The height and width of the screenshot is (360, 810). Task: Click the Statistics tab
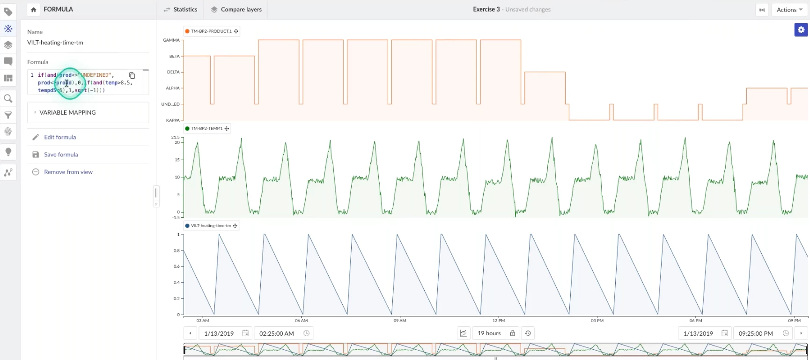181,9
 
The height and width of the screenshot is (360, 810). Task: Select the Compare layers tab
236,9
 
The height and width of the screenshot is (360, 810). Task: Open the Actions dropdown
789,10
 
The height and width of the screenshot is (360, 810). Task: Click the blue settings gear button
801,30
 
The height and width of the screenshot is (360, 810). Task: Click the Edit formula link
59,137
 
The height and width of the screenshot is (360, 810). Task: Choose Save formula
60,154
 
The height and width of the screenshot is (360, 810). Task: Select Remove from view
68,172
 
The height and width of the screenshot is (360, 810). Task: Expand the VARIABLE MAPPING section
67,112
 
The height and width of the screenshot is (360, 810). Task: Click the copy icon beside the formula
132,75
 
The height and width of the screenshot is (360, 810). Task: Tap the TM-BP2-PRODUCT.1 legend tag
211,31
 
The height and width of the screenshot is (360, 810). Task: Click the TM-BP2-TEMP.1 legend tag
206,128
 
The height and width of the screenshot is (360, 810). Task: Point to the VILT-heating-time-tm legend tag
211,226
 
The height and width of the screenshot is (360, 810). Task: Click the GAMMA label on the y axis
171,40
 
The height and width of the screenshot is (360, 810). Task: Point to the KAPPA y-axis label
173,120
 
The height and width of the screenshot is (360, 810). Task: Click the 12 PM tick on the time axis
499,321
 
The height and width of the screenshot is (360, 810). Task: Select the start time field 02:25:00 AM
277,333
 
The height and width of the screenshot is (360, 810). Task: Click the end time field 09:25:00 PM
756,333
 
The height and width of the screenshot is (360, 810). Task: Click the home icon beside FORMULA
33,9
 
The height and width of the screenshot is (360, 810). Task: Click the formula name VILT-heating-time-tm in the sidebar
55,43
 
